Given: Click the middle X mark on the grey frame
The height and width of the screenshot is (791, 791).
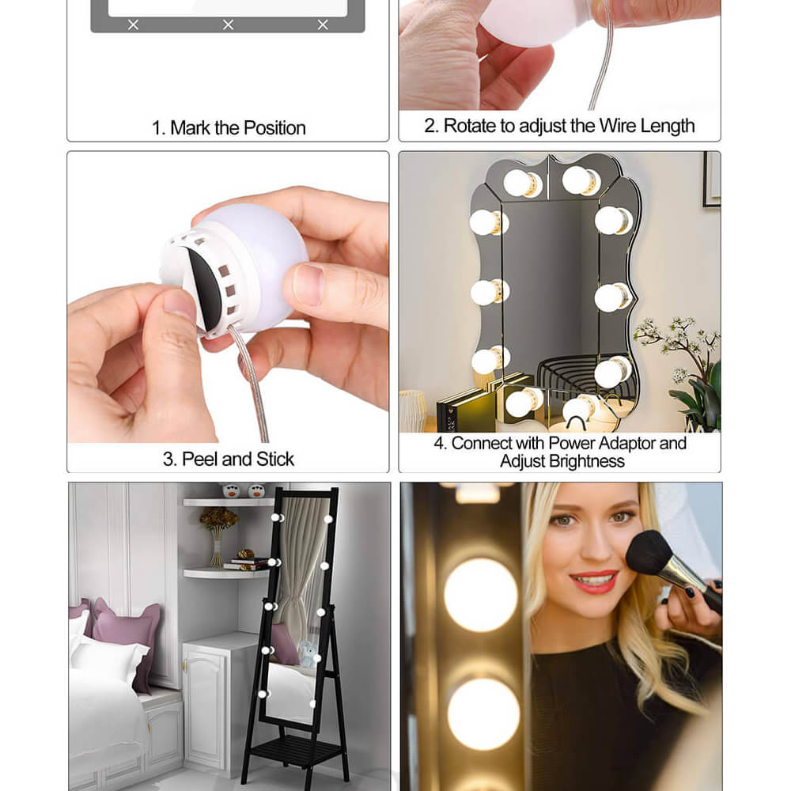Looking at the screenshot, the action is pyautogui.click(x=228, y=25).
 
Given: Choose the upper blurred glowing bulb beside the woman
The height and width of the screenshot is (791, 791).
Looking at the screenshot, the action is pyautogui.click(x=481, y=595).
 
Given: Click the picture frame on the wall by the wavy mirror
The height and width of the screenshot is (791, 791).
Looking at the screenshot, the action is pyautogui.click(x=712, y=179).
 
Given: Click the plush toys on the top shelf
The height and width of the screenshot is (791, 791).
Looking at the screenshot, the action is pyautogui.click(x=244, y=490).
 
